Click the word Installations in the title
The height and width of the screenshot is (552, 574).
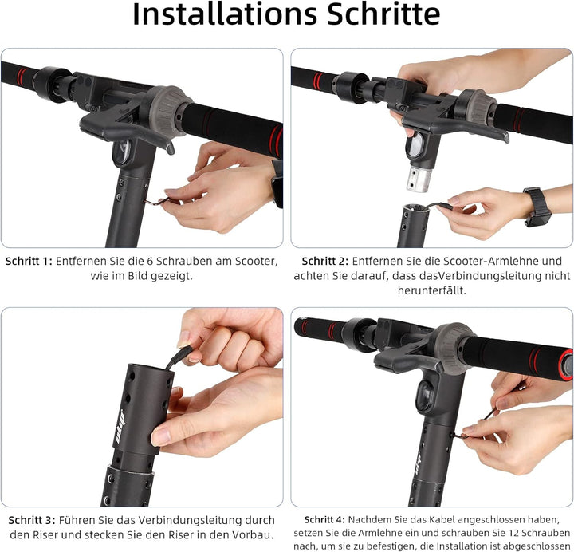[x=224, y=14]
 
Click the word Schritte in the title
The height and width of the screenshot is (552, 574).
[x=383, y=14]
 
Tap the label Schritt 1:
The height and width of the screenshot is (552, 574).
[x=29, y=261]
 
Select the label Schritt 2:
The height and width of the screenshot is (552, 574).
[x=325, y=261]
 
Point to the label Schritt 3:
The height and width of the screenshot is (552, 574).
[x=31, y=520]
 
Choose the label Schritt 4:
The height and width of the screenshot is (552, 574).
[x=324, y=520]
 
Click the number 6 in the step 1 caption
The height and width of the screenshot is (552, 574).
[x=150, y=261]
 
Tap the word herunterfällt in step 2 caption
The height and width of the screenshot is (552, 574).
[x=431, y=290]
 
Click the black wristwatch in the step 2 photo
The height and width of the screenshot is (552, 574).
[x=537, y=207]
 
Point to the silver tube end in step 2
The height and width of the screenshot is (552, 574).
[x=419, y=179]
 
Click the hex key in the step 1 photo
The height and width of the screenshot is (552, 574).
[x=157, y=201]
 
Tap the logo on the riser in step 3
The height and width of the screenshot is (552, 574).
[x=120, y=427]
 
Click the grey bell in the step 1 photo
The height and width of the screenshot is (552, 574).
[x=169, y=111]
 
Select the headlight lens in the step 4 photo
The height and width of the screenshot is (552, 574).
[x=425, y=396]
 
